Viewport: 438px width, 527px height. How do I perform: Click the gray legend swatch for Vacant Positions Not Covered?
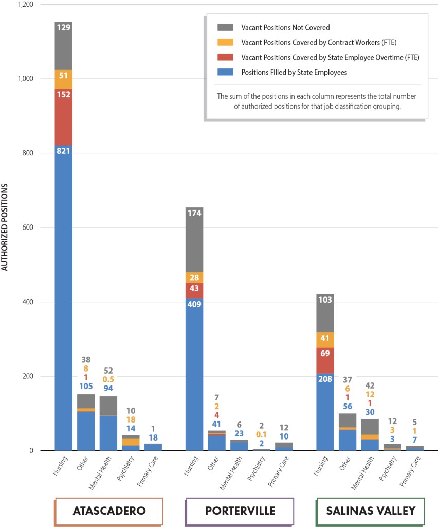pyautogui.click(x=226, y=27)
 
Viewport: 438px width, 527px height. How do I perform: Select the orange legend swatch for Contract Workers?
pyautogui.click(x=226, y=42)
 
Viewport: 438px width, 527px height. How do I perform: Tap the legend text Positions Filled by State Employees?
pyautogui.click(x=294, y=72)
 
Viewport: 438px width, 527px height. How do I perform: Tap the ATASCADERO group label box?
pyautogui.click(x=109, y=511)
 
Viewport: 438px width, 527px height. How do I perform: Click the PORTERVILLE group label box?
pyautogui.click(x=240, y=511)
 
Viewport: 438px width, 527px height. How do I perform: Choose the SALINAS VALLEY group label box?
pyautogui.click(x=370, y=511)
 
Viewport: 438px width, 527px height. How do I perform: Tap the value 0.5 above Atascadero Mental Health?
pyautogui.click(x=108, y=380)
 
